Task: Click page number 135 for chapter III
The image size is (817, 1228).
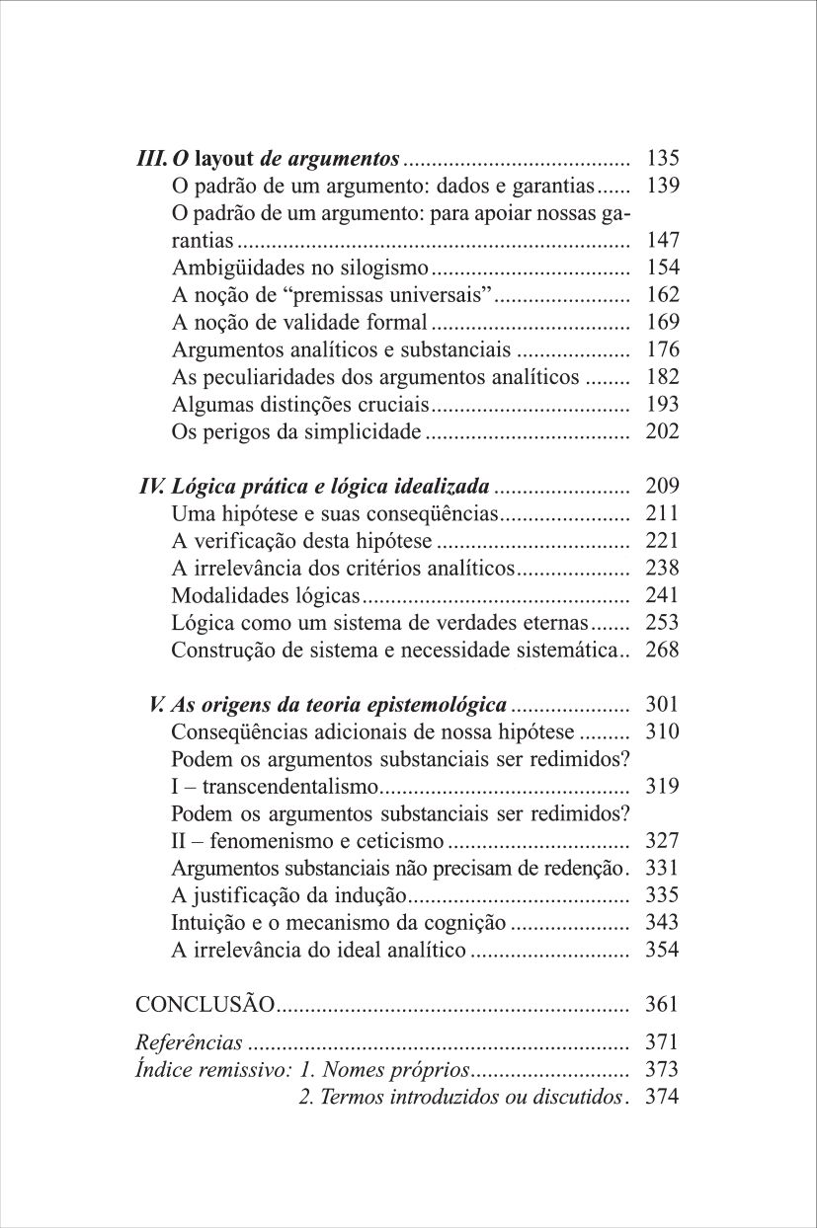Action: pos(663,158)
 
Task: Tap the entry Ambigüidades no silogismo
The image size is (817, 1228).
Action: pos(300,268)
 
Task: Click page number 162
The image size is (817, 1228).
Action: pos(663,294)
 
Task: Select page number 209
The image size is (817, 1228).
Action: pos(663,487)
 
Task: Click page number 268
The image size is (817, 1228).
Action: pos(663,651)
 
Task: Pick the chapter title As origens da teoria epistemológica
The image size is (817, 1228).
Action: pos(339,705)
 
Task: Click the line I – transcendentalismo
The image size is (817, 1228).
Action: pos(276,787)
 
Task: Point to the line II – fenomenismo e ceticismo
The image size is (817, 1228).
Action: pos(308,841)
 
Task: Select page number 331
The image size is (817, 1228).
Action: pos(663,869)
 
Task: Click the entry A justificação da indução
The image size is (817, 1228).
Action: pos(289,896)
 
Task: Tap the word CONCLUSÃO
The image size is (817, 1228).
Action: pos(204,1005)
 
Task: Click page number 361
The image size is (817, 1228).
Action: pos(663,1005)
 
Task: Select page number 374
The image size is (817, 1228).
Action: pos(663,1096)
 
